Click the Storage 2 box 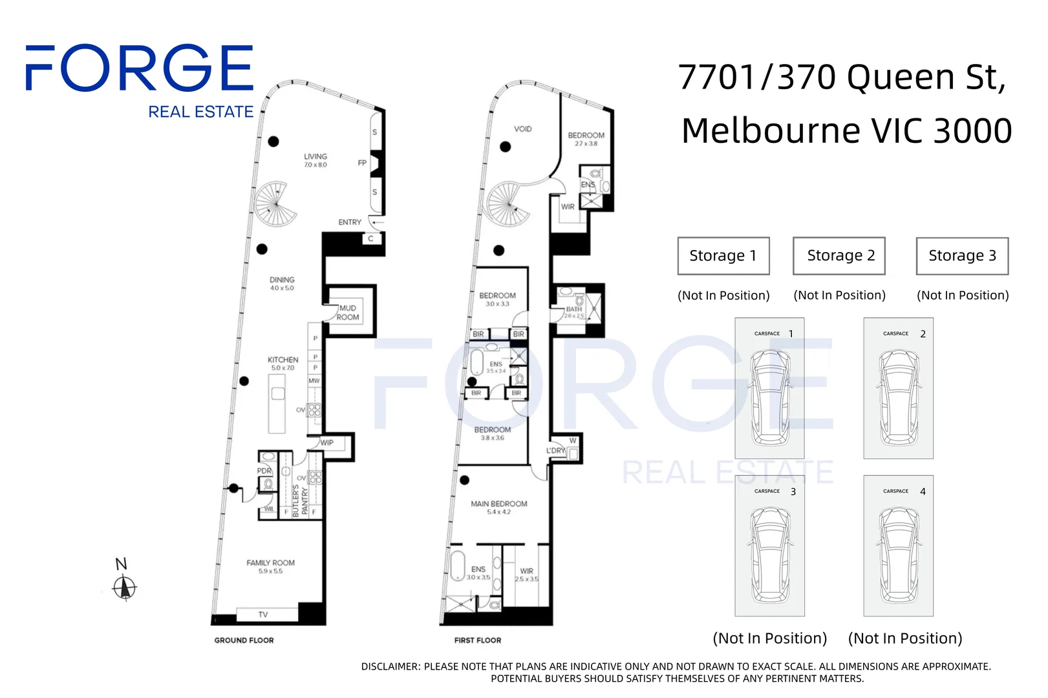click(839, 256)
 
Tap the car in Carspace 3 click(769, 554)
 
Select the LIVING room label click(315, 156)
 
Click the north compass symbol click(124, 587)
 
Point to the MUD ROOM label click(348, 313)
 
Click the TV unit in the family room click(263, 614)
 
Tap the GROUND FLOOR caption click(244, 640)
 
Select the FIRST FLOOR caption click(477, 640)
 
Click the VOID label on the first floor click(522, 129)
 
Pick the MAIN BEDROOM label click(498, 504)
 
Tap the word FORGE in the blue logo click(139, 68)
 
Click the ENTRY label click(350, 222)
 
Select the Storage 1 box click(723, 256)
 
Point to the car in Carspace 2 click(898, 396)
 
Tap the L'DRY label click(555, 450)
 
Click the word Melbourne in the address click(771, 131)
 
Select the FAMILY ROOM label click(270, 563)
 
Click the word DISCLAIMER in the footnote click(389, 666)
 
